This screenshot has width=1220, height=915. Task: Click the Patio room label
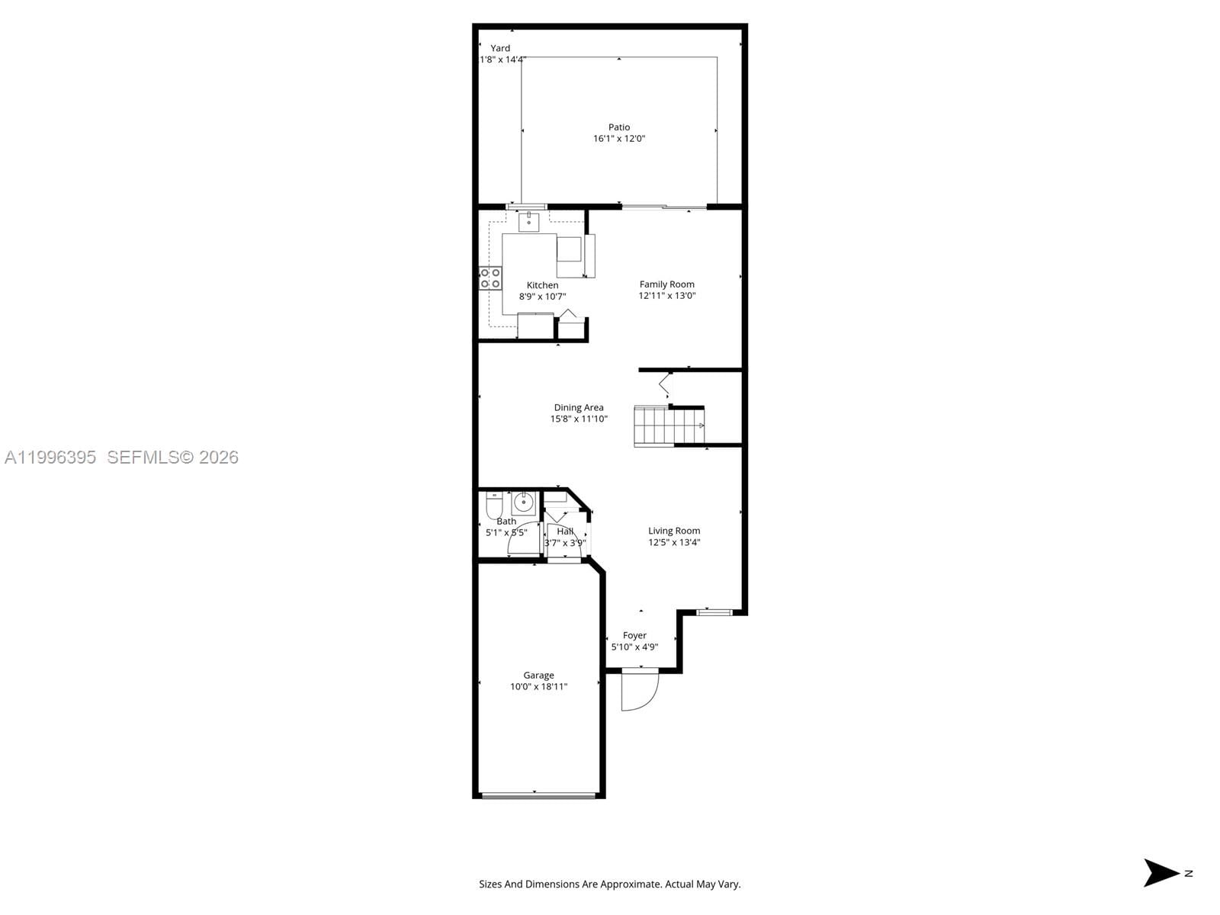click(619, 127)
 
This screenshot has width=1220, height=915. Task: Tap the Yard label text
click(500, 48)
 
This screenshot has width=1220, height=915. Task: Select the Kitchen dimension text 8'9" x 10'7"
click(542, 297)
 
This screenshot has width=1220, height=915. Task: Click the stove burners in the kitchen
click(490, 278)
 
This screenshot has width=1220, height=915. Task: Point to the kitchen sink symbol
click(528, 222)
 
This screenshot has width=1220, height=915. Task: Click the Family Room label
click(666, 284)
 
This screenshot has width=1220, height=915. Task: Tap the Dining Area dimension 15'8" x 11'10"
click(579, 419)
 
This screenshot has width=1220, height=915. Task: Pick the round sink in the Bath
click(523, 503)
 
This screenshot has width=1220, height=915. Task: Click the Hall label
click(565, 531)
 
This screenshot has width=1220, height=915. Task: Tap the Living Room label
click(674, 531)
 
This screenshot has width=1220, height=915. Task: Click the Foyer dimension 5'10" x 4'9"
click(634, 647)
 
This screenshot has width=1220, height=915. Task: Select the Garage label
click(538, 675)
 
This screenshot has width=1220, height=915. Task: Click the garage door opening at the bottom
click(538, 795)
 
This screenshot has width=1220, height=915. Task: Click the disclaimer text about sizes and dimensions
click(609, 884)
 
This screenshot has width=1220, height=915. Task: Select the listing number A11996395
click(50, 457)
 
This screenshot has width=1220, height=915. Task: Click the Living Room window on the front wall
click(714, 612)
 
